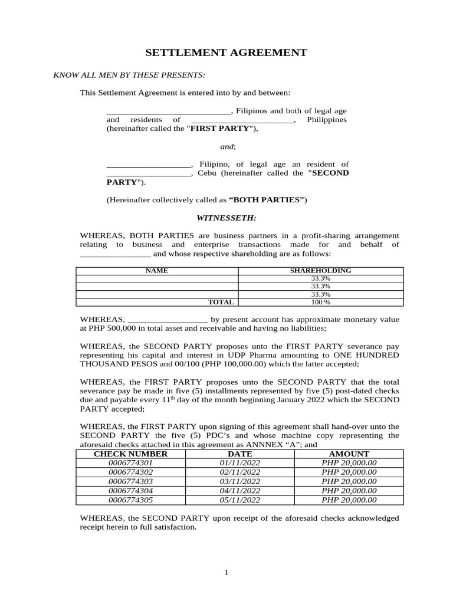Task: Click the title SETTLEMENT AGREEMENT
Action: [226, 53]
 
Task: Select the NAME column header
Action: [157, 270]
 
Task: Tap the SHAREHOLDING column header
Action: [320, 270]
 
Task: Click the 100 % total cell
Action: [320, 302]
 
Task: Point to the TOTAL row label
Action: [221, 302]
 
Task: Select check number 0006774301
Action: [130, 463]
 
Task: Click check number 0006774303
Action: [130, 481]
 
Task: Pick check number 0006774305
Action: [130, 500]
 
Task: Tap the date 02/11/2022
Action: [239, 472]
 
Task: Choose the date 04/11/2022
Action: [239, 491]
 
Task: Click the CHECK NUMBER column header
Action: [130, 454]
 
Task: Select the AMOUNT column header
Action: [349, 454]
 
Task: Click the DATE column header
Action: [239, 454]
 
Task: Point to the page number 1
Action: [226, 573]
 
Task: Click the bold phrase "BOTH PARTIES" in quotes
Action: [266, 200]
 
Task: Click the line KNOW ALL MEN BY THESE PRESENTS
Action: [129, 75]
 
